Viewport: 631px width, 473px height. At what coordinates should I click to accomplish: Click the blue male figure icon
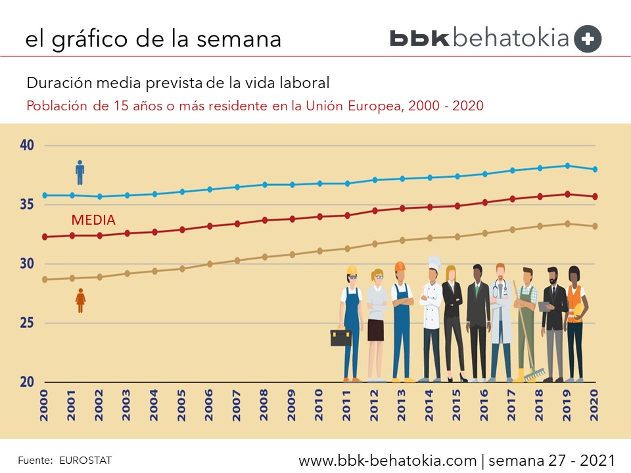coord(80,172)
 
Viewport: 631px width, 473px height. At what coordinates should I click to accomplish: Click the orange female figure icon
coord(81,300)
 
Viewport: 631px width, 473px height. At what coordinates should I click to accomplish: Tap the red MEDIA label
coord(93,220)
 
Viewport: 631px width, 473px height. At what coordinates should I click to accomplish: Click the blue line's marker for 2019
coord(567,166)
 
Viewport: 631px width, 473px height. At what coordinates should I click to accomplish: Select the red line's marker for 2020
coord(595,196)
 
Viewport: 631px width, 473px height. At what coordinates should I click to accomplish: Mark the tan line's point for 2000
coord(45,279)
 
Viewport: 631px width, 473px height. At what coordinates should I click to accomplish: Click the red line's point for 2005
coord(182,229)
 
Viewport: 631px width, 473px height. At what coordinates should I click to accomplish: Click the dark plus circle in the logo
coord(588,39)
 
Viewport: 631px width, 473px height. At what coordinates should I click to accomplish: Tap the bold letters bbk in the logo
coord(419,38)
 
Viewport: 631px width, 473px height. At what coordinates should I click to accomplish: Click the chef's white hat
coord(434,262)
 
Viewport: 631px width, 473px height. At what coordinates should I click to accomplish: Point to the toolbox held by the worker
coord(340,338)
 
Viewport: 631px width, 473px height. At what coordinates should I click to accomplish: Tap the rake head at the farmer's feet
coord(533,374)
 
